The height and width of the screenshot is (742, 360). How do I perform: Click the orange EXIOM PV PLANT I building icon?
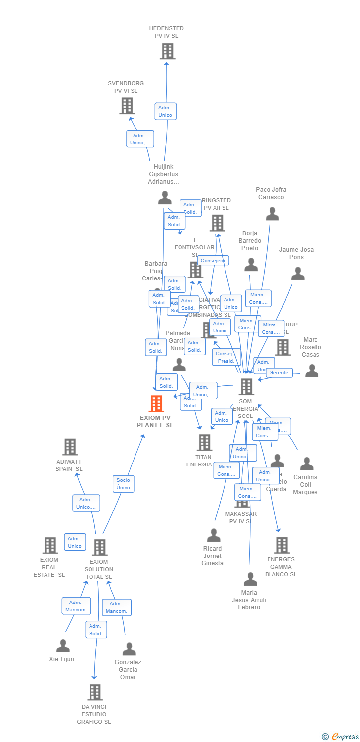(x=156, y=404)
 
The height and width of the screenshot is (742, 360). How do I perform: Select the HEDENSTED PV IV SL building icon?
(x=167, y=51)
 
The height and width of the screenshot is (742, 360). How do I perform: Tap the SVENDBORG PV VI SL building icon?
(x=127, y=106)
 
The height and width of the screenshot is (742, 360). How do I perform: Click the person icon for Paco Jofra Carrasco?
(x=272, y=214)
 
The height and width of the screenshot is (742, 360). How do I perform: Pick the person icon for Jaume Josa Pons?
(x=297, y=274)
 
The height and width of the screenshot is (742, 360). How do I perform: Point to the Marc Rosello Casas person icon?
(x=312, y=371)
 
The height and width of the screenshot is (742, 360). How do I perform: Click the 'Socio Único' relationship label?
(x=123, y=484)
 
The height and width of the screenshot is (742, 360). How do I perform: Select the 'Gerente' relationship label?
(x=279, y=372)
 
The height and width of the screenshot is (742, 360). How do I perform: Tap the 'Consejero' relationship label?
(x=213, y=260)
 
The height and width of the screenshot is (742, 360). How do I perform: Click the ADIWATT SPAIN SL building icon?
(x=70, y=447)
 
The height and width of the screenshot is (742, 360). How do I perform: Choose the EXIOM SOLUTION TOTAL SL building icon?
(x=100, y=547)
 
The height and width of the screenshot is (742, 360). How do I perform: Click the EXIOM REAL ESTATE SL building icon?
(x=50, y=545)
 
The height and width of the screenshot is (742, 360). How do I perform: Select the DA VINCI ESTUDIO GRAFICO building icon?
(x=94, y=692)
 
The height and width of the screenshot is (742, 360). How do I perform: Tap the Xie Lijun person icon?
(x=63, y=646)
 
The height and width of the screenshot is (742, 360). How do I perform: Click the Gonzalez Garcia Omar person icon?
(x=129, y=649)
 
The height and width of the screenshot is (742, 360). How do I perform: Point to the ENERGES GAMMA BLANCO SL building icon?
(x=282, y=545)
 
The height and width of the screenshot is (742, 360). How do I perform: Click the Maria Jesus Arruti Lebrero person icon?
(x=251, y=579)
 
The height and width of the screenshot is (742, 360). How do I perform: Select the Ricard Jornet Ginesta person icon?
(x=214, y=535)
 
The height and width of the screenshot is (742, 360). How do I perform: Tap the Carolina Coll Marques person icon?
(x=307, y=464)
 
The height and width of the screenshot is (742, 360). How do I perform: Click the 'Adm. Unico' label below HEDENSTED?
(x=165, y=111)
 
